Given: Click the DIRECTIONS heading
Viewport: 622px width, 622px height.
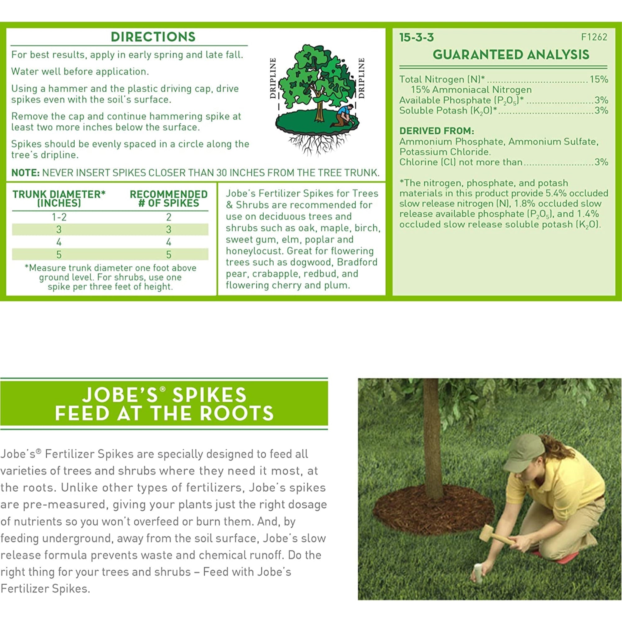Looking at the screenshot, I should click(153, 37).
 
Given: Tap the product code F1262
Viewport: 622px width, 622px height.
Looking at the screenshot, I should click(594, 37).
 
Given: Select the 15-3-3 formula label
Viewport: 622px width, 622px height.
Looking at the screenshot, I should click(416, 38).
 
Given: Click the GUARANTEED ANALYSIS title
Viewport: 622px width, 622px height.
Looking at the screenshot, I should click(511, 55).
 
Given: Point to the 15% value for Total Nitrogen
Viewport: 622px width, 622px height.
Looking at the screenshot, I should click(599, 79).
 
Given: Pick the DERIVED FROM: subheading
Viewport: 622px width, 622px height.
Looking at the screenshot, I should click(437, 131).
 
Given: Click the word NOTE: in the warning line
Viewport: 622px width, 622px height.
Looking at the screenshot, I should click(25, 173).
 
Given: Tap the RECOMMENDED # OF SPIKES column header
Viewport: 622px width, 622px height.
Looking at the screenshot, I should click(168, 198).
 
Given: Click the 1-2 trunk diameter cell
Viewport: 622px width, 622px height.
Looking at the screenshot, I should click(59, 217).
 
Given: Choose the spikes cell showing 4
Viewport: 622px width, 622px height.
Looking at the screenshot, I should click(168, 242).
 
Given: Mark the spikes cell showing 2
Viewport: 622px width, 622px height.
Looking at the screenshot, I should click(168, 217).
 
